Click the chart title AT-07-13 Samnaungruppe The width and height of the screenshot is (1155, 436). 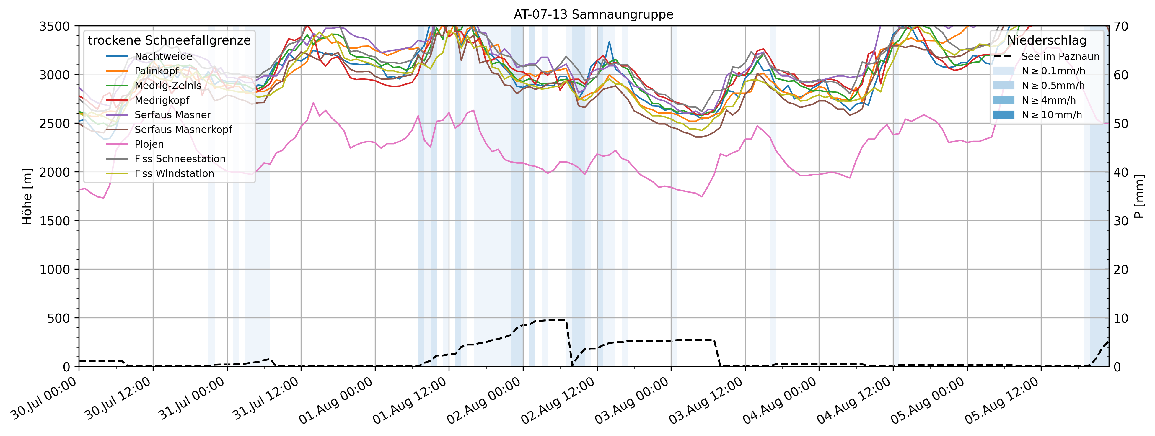click(x=593, y=14)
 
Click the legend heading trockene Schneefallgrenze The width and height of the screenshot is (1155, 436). click(x=169, y=40)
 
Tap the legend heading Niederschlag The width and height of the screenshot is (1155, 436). click(x=1047, y=40)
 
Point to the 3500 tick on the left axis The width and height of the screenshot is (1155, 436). click(x=55, y=26)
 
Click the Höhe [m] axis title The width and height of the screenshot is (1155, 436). click(x=27, y=196)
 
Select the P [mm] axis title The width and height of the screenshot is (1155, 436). click(x=1139, y=196)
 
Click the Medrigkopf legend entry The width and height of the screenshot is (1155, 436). click(x=162, y=100)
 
